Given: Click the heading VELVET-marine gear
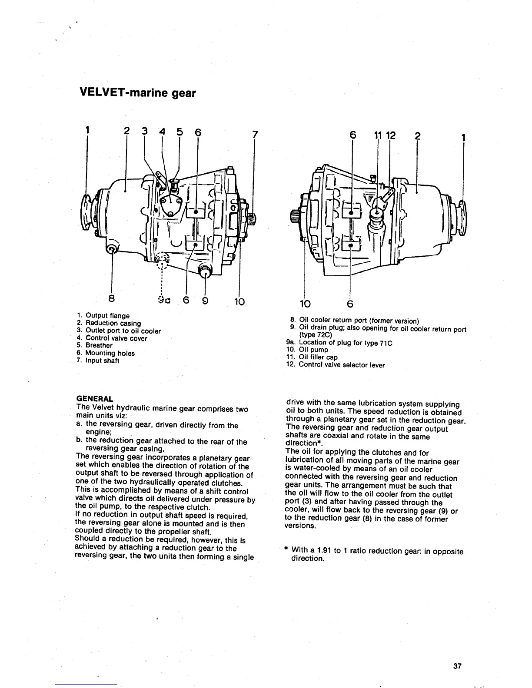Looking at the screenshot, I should click(x=138, y=93).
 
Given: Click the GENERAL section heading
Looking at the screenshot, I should click(x=95, y=398).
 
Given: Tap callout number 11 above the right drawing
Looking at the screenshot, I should click(x=377, y=136).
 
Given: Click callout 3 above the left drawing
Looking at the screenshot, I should click(x=144, y=131).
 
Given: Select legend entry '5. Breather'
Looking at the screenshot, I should click(x=94, y=346).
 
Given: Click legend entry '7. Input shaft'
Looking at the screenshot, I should click(x=98, y=361).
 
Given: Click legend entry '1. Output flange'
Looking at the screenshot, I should click(x=103, y=315).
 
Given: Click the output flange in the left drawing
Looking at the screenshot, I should click(x=87, y=211).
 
